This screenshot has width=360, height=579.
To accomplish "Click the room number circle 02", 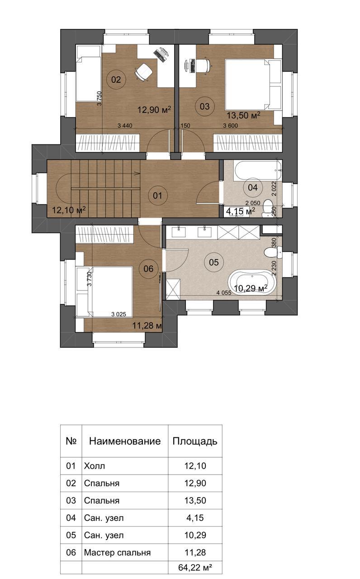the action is coord(116,79).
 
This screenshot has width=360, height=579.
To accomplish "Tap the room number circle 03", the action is coord(205,106).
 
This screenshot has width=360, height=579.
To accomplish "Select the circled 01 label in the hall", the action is coord(158,196).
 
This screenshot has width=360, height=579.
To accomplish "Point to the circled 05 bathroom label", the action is coord(214,263).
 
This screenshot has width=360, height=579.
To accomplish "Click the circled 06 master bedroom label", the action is coord(148,269).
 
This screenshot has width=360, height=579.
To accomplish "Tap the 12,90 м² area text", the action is coord(154,109).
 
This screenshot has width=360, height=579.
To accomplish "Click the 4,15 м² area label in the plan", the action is coord(241,211).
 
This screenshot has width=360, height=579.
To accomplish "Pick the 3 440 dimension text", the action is coord(125,126).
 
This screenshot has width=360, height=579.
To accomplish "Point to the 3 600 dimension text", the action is coord(231,126).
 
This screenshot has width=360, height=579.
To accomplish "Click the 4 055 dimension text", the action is coord(224,293).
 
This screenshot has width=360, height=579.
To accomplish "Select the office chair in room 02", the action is coord(143,71).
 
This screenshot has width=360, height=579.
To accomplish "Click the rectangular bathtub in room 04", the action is coord(258,170).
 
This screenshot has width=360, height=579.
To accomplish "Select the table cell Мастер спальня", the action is coord(117,552).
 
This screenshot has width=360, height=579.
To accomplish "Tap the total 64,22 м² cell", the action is coord(195,568).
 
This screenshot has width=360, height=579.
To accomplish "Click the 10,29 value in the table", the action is coord(195,535).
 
